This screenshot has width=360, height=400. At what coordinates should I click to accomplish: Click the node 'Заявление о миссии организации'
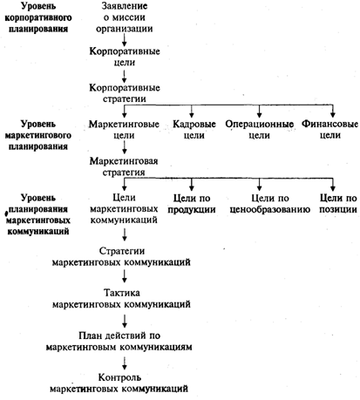[125, 17]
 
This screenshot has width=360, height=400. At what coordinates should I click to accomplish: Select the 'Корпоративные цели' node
[125, 57]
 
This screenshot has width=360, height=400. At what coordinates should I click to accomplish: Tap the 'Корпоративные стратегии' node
[125, 93]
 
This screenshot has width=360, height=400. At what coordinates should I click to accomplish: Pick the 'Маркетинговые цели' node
[124, 130]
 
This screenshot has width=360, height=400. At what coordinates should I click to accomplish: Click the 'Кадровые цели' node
[194, 130]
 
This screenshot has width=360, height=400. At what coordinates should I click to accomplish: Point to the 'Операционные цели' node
[259, 130]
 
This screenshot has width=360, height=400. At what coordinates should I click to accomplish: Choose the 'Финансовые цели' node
[329, 130]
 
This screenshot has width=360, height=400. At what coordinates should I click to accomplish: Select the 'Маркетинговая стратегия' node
[124, 166]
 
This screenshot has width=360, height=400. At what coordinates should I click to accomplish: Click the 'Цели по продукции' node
[192, 204]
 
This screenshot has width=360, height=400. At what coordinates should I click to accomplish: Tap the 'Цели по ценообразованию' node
[270, 204]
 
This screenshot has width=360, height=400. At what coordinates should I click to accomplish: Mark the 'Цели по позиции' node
[338, 204]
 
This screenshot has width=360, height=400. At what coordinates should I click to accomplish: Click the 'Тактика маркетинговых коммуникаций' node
[121, 298]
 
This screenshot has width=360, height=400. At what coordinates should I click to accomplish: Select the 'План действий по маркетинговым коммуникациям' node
[119, 342]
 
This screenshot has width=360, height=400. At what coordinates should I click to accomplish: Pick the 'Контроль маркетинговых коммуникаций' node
[119, 383]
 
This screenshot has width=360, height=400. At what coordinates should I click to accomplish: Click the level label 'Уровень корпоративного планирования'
[38, 17]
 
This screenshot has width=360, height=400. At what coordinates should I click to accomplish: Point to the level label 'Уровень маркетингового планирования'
[38, 135]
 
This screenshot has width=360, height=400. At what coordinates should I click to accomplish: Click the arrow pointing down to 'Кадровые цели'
[192, 111]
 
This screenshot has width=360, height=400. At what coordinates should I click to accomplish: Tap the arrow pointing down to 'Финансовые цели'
[333, 111]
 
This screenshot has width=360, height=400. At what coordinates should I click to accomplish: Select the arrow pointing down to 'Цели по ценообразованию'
[260, 184]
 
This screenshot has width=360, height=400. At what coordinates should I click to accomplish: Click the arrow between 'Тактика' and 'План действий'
[125, 321]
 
